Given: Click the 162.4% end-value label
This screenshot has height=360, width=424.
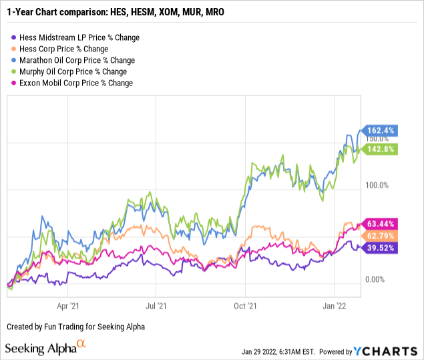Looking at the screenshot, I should pyautogui.click(x=381, y=130).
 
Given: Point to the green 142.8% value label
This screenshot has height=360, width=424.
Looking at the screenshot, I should pyautogui.click(x=381, y=149).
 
